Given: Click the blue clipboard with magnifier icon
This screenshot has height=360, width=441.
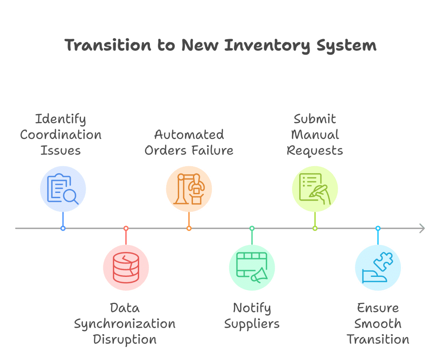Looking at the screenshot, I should point(63,189).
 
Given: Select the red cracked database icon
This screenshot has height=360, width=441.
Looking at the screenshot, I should point(126,267).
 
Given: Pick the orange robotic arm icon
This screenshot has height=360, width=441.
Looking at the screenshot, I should point(189,189).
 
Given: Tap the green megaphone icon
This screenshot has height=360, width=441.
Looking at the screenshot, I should point(252,267).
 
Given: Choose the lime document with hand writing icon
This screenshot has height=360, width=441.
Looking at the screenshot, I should point(315,189).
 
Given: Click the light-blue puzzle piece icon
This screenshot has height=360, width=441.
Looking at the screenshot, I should point(378,267).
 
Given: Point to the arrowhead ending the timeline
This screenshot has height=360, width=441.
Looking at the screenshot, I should point(422,228).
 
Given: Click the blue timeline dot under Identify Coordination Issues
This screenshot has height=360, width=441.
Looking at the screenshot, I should point(63,228).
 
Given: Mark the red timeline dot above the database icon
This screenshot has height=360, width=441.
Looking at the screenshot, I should point(126,228).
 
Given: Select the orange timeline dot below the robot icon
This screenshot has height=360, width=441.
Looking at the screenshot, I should point(189,228).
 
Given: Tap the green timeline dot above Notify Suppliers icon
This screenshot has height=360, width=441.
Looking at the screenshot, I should point(252,228).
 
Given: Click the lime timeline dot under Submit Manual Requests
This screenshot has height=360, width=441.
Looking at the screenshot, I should point(315,228).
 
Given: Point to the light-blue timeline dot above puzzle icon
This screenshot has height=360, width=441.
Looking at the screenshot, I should point(378,228).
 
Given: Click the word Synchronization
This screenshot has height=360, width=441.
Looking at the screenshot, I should point(124,324).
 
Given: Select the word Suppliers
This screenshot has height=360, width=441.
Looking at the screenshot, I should point(252,324).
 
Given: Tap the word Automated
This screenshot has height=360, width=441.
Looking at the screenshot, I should point(189,134).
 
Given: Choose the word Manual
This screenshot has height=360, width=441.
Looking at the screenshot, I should point(315,134).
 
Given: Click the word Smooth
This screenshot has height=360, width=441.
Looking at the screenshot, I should point(378,324).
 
